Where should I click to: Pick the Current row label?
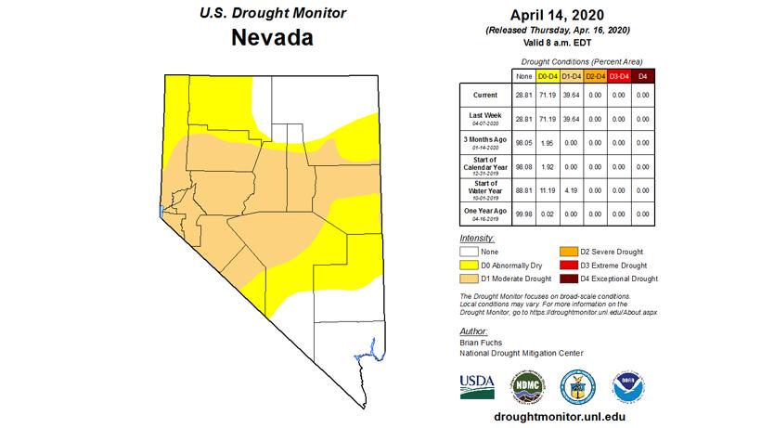(x=485, y=95)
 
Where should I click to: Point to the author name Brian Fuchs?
(x=482, y=343)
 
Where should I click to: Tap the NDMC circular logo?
(x=526, y=384)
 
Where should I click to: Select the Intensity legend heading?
(x=478, y=238)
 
